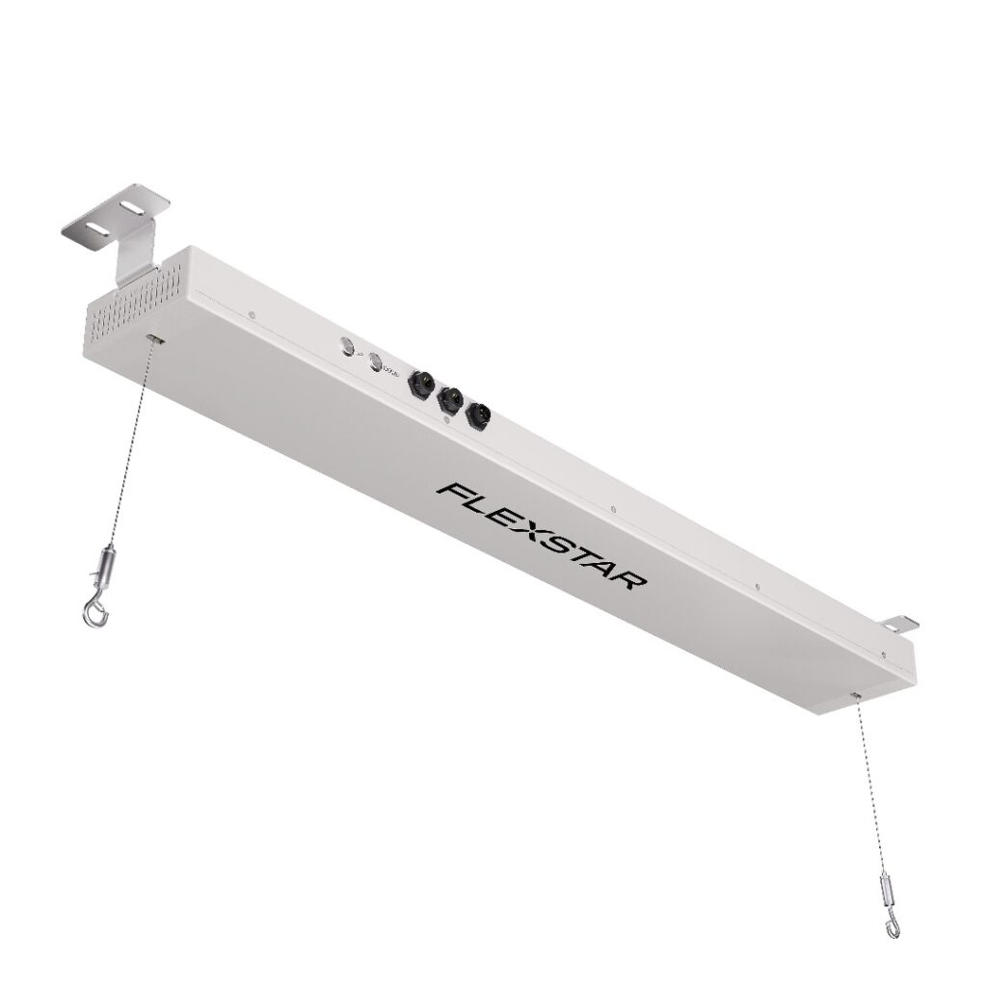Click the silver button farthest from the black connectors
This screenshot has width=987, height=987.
pos(344,348)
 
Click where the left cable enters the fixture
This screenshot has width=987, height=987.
pos(154,339)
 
